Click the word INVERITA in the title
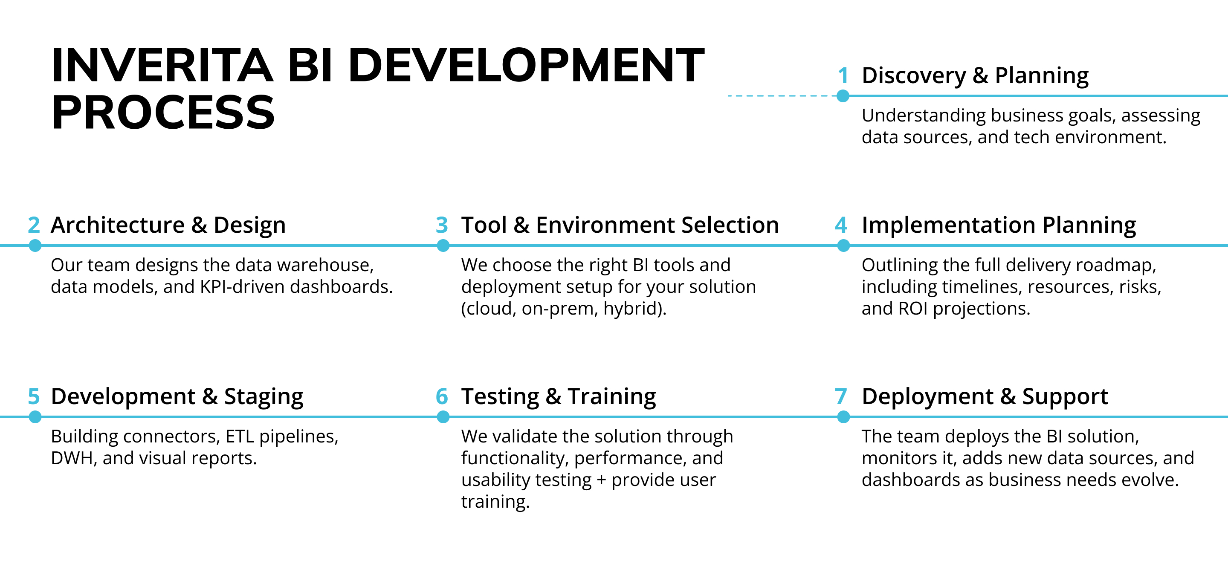point(162,65)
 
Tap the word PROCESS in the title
point(163,113)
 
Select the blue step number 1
point(843,76)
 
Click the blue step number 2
point(34,225)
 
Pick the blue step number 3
point(442,225)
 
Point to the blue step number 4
point(841,225)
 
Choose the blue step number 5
point(34,396)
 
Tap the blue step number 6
point(442,396)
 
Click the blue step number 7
point(841,396)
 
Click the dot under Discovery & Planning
point(843,96)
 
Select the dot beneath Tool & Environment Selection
point(443,246)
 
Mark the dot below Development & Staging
point(35,417)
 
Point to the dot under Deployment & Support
point(843,417)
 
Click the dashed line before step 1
point(782,96)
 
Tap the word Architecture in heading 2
point(118,225)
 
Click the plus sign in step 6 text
point(601,480)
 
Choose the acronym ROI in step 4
point(912,309)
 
